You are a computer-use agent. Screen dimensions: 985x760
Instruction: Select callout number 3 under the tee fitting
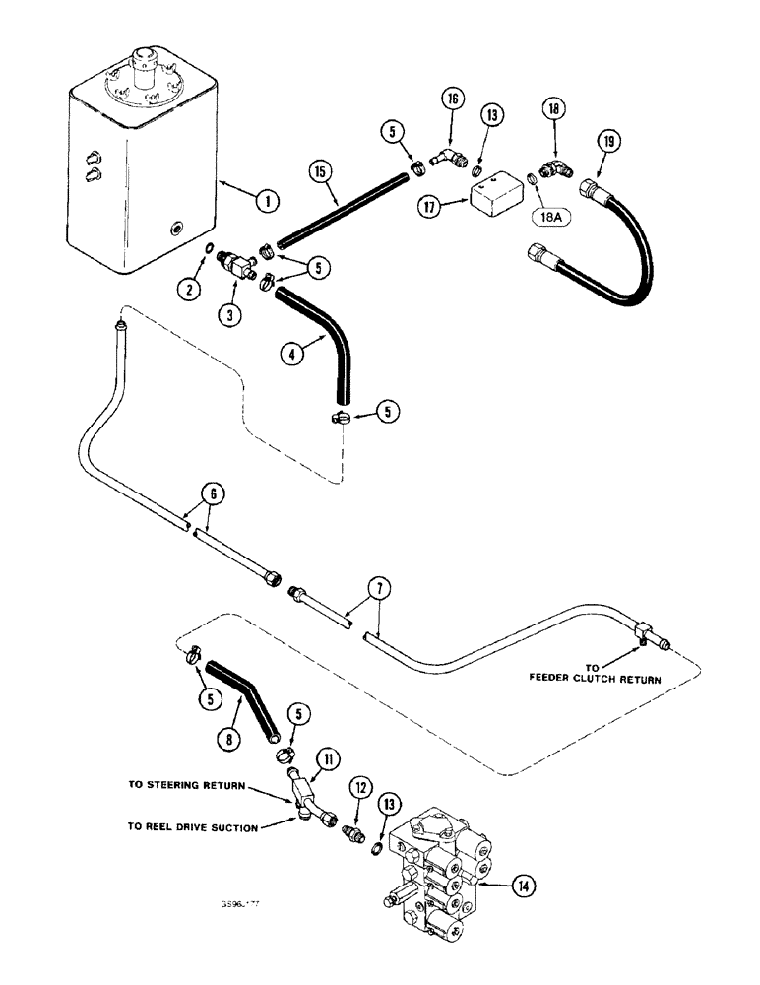(x=232, y=317)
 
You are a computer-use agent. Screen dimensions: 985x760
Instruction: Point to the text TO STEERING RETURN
(x=186, y=785)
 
